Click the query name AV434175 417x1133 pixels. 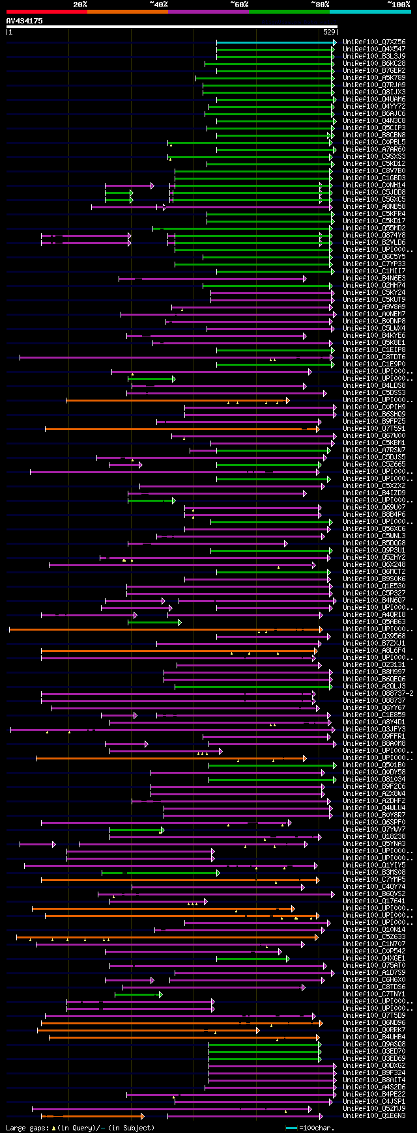pyautogui.click(x=24, y=21)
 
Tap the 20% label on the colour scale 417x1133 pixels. pyautogui.click(x=80, y=5)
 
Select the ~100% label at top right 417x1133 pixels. pyautogui.click(x=398, y=5)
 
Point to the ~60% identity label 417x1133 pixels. pyautogui.click(x=238, y=5)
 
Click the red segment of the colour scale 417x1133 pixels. pyautogui.click(x=46, y=12)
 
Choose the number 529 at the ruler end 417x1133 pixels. pyautogui.click(x=329, y=31)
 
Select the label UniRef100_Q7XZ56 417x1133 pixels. pyautogui.click(x=374, y=42)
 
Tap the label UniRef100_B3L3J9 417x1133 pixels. pyautogui.click(x=374, y=57)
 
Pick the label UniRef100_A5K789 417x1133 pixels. pyautogui.click(x=374, y=78)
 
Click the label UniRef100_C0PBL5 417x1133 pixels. pyautogui.click(x=374, y=143)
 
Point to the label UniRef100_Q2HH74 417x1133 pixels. pyautogui.click(x=374, y=286)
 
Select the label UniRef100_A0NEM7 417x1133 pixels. pyautogui.click(x=374, y=314)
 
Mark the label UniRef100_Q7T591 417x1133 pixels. pyautogui.click(x=374, y=429)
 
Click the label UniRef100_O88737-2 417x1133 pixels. pyautogui.click(x=378, y=694)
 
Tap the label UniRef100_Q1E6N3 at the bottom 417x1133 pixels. pyautogui.click(x=374, y=1116)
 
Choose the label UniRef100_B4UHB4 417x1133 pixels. pyautogui.click(x=374, y=1037)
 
